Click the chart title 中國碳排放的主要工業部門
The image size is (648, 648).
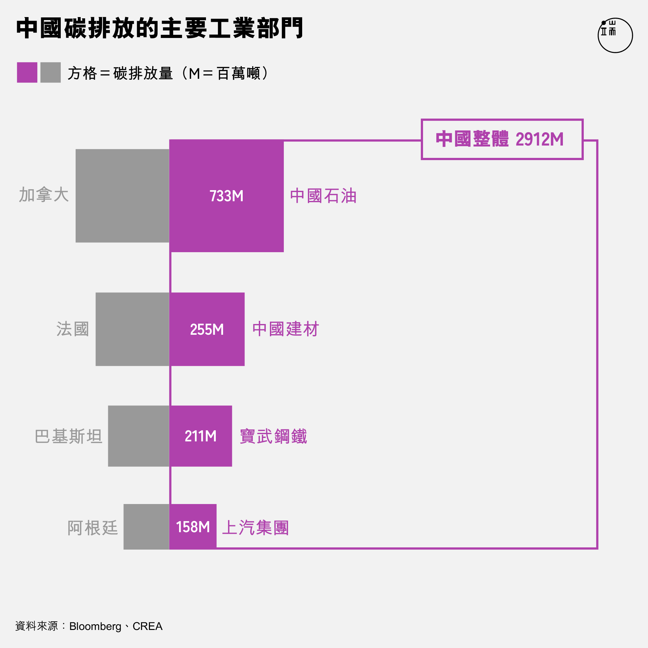point(160,28)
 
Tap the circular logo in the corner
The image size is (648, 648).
point(615,35)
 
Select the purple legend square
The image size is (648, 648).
point(27,72)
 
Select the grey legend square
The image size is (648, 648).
point(51,72)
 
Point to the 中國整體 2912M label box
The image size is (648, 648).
point(502,139)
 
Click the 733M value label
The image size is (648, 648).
point(227,196)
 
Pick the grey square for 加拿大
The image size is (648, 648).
point(122,196)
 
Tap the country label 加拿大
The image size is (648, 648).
point(44,195)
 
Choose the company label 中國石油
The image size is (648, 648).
point(323,196)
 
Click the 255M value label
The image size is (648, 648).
point(207,329)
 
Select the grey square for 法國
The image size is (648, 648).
point(133,329)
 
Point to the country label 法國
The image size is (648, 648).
point(72,329)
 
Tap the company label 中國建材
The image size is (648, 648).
point(285,329)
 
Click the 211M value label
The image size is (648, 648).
point(201,436)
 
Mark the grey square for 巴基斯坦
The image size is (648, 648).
point(139,436)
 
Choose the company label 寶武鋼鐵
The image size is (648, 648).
point(273,436)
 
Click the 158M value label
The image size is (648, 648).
point(193,527)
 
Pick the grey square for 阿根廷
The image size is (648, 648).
point(146,526)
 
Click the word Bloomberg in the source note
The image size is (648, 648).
point(95,626)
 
